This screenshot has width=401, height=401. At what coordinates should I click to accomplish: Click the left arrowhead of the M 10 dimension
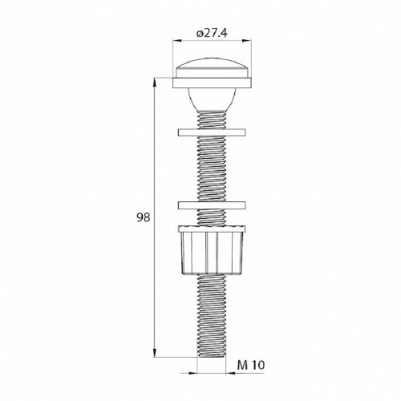pyautogui.click(x=199, y=371)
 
